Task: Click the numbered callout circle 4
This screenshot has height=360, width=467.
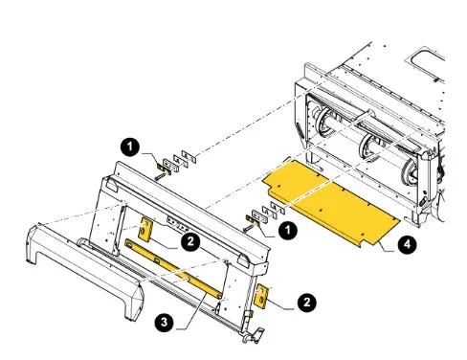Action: click(407, 244)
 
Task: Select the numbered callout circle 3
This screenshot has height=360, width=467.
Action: click(164, 322)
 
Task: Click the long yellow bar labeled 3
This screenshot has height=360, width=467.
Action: click(174, 269)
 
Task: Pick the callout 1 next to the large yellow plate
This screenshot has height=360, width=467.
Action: click(288, 230)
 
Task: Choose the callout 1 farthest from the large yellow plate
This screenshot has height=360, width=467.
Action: click(130, 147)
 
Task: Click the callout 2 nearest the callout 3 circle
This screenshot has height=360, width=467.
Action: click(190, 241)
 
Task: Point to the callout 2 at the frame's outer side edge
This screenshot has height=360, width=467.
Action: click(307, 302)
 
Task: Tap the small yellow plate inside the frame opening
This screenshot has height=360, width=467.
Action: click(145, 229)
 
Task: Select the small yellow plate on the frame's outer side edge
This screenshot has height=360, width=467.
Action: click(262, 296)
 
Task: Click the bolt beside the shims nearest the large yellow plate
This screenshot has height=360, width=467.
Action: click(248, 229)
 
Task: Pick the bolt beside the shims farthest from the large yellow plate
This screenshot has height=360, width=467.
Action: click(161, 176)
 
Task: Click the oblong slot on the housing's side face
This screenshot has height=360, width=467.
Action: click(300, 131)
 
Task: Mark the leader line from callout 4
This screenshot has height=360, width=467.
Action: click(387, 247)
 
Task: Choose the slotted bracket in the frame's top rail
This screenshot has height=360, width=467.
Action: click(176, 224)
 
